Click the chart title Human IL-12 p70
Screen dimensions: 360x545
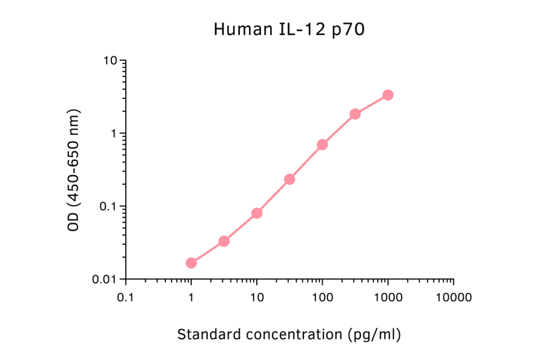[x=289, y=30]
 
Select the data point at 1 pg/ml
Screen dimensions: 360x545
[x=191, y=263]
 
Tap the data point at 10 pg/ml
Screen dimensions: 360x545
[x=257, y=213]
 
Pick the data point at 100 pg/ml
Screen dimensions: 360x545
[x=322, y=145]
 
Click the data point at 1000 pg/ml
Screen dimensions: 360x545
[x=388, y=95]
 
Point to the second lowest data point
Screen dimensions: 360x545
[x=224, y=241]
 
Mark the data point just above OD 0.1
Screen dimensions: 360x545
[x=289, y=179]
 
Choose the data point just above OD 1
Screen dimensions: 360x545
[x=355, y=114]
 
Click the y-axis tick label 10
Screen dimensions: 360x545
[x=111, y=61]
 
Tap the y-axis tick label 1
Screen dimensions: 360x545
[x=114, y=133]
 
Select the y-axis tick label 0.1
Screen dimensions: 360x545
[x=109, y=207]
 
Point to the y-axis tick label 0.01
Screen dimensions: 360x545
[x=106, y=279]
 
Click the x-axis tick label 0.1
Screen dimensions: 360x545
[x=125, y=298]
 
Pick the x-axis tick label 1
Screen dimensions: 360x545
[x=191, y=298]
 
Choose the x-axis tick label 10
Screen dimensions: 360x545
[x=257, y=298]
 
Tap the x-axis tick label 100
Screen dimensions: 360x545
[x=322, y=298]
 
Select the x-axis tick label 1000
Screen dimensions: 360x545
[x=388, y=298]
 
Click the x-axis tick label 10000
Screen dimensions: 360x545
[x=454, y=298]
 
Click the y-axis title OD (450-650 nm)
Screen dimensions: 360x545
[x=74, y=170]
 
